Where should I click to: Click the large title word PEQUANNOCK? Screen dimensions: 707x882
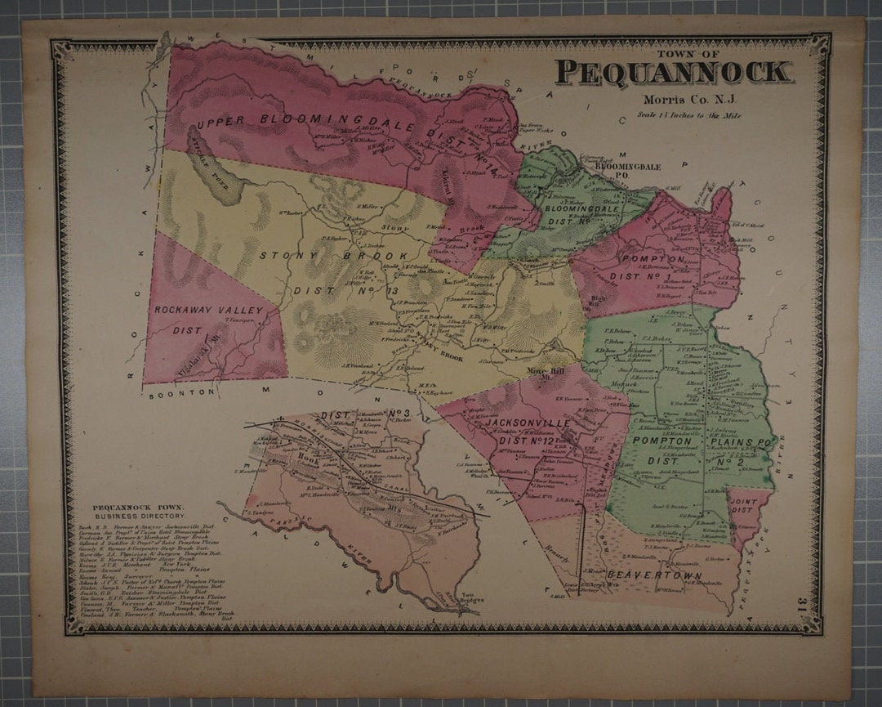pyautogui.click(x=674, y=73)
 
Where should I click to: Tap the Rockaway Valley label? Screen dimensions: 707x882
pyautogui.click(x=208, y=311)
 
